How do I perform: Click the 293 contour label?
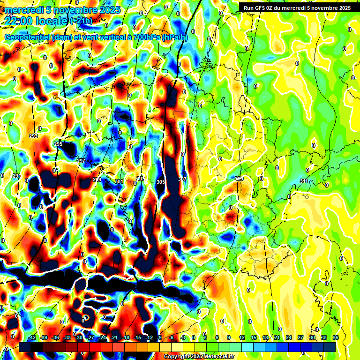[x=33, y=136]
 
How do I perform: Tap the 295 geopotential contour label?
[x=58, y=144]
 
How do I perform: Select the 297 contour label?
[x=81, y=161]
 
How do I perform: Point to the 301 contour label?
[x=119, y=181]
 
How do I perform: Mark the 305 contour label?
[x=161, y=181]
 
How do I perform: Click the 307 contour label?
[x=182, y=180]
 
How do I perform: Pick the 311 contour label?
[x=304, y=181]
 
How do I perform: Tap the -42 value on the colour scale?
[x=32, y=337]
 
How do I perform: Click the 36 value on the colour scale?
[x=336, y=337]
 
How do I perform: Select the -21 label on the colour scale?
[x=114, y=337]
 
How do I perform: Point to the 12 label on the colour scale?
[x=242, y=337]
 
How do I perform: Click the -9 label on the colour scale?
[x=160, y=337]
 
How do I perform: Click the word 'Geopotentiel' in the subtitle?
[x=28, y=37]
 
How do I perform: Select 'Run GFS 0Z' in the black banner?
[x=262, y=8]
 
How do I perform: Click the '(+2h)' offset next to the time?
[x=82, y=21]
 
